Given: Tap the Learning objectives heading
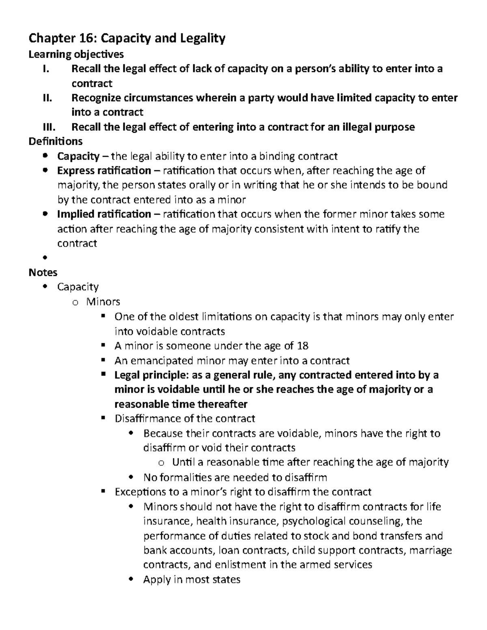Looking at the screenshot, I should point(76,54).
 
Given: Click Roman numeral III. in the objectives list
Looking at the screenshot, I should point(50,127).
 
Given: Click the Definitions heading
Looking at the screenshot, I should point(56,141).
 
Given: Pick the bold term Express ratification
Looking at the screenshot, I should point(104,170).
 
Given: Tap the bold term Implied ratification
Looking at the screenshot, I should point(104,214).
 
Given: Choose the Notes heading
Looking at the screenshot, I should point(43,272).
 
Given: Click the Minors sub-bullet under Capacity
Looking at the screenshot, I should point(103,301).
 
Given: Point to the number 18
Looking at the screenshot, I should point(302,346).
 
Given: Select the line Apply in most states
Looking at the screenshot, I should point(192,579).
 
